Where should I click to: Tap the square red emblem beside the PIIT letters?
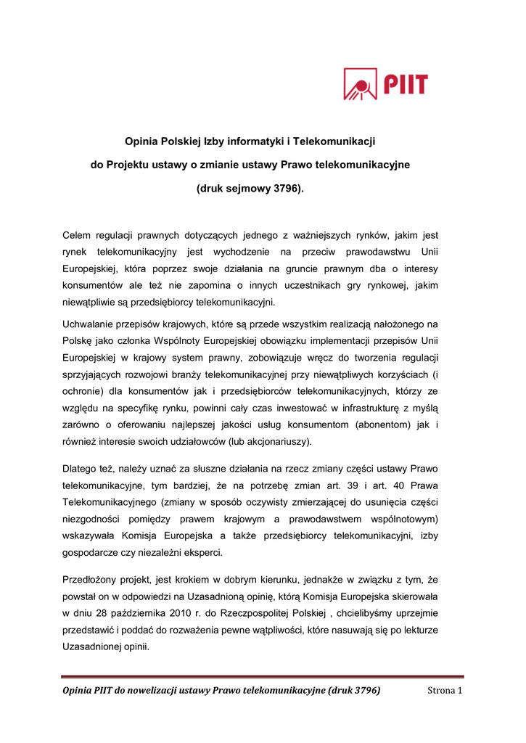coord(360,84)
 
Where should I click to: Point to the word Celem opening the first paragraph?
coord(78,236)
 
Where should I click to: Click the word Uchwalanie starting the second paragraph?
coord(91,323)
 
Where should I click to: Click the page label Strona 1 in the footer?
coord(444,690)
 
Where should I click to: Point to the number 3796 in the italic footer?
coord(367,690)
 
